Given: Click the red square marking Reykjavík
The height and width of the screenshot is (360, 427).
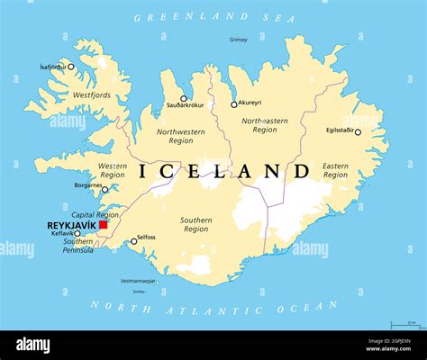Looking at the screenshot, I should [x=103, y=225].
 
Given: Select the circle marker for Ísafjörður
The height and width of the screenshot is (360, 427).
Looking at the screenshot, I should [x=71, y=67].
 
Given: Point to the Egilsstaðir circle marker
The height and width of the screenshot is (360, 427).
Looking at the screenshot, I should [x=358, y=132].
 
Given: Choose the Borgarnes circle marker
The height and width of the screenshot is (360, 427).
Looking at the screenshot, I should [x=104, y=189].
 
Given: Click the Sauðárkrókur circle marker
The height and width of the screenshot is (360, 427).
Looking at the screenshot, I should [x=184, y=98].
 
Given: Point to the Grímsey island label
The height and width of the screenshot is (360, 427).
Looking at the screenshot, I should [x=238, y=40].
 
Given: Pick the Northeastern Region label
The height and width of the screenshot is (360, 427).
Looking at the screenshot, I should [x=265, y=124].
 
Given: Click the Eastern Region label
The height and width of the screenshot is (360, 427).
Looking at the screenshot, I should [x=335, y=170].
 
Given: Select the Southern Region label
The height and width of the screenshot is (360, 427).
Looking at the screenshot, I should [x=195, y=224].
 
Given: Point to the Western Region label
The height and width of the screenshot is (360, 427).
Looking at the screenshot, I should [x=113, y=170].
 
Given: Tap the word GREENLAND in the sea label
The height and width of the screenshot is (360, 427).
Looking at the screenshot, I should [x=177, y=17].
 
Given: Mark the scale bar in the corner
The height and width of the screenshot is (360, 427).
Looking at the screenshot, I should [x=404, y=325].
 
